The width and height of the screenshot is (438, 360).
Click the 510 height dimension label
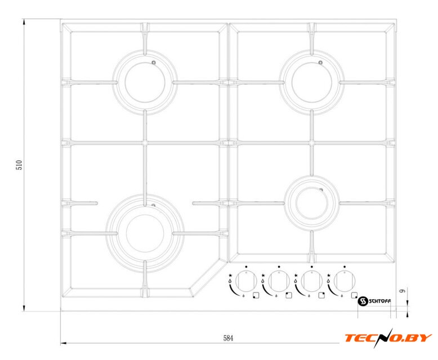(x=19, y=165)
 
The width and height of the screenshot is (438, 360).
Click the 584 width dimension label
(x=228, y=338)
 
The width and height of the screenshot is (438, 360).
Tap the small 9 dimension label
(x=402, y=290)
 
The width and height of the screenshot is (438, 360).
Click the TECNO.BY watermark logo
(x=388, y=337)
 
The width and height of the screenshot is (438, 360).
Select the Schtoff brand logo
(x=374, y=301)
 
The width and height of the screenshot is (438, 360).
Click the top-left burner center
(x=145, y=82)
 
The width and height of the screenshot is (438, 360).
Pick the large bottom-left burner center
(x=145, y=233)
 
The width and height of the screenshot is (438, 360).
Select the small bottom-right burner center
(x=312, y=203)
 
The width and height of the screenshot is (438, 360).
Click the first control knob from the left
(x=246, y=281)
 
